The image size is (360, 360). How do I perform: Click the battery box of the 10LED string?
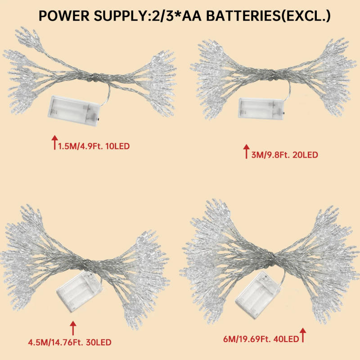tap(74, 108)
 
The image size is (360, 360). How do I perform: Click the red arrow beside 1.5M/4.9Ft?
tap(54, 142)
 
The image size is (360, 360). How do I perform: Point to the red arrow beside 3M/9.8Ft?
tap(246, 151)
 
